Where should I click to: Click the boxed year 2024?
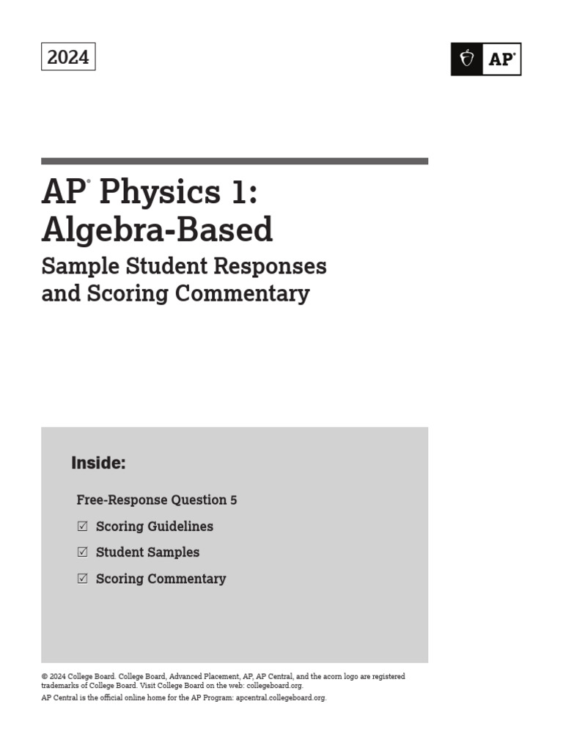click(x=68, y=57)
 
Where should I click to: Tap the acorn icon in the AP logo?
click(x=466, y=59)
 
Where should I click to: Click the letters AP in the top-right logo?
click(x=501, y=59)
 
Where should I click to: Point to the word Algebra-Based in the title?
click(x=157, y=230)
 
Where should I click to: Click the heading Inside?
click(x=98, y=463)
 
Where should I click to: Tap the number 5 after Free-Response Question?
click(x=233, y=500)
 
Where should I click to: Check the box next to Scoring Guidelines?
click(x=82, y=526)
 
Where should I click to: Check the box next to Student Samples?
click(x=82, y=552)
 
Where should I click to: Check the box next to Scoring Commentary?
click(x=82, y=579)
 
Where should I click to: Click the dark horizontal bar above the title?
click(x=235, y=161)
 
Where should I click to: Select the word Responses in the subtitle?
click(x=278, y=265)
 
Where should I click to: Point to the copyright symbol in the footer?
click(x=44, y=677)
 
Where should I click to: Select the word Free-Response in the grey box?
click(x=122, y=500)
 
